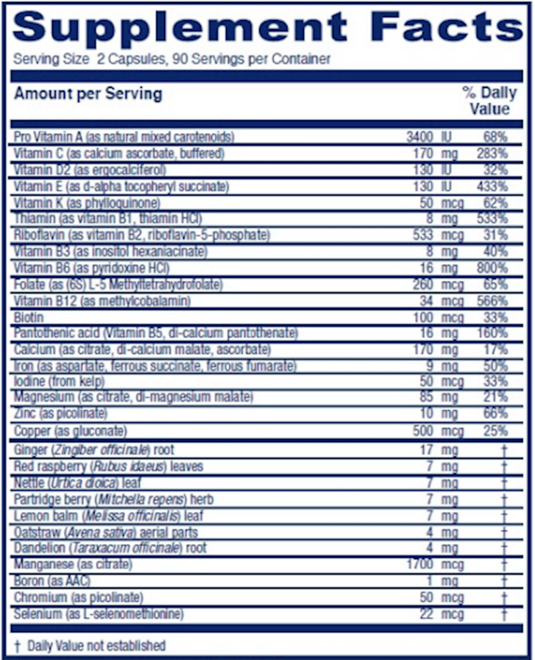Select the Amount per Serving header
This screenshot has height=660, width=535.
tap(88, 93)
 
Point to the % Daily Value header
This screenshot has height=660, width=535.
tap(487, 101)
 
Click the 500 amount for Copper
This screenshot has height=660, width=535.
tap(423, 431)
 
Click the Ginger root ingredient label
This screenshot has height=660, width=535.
tap(93, 450)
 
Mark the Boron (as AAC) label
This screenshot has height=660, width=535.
tap(52, 581)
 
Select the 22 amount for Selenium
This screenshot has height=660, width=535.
tap(426, 614)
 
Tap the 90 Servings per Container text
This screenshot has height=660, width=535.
tap(252, 59)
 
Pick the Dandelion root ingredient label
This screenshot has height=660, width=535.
tap(110, 548)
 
